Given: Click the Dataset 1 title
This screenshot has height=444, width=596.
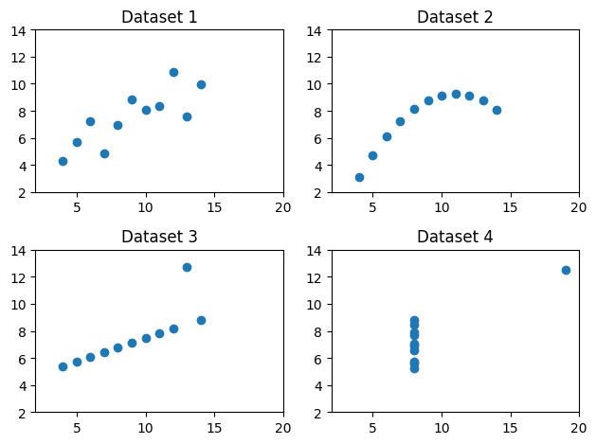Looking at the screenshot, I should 159,17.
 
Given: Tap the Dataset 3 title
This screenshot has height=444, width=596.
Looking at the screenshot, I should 159,237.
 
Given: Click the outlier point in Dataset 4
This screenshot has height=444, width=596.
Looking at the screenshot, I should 566,270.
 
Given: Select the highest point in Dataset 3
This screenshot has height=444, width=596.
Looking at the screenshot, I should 187,267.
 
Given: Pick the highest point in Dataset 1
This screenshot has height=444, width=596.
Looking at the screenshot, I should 173,72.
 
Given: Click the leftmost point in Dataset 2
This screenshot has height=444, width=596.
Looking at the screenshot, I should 359,177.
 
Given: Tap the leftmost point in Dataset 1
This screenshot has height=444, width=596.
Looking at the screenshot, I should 63,161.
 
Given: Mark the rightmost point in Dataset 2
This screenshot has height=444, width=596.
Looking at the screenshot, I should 497,110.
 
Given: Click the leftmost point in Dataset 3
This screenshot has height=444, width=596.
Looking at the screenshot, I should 63,366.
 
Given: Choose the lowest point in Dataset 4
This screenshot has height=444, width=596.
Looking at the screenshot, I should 414,368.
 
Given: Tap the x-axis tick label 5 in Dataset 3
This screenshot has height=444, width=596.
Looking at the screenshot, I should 77,427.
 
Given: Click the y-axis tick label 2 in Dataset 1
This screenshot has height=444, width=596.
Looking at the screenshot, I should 26,193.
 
